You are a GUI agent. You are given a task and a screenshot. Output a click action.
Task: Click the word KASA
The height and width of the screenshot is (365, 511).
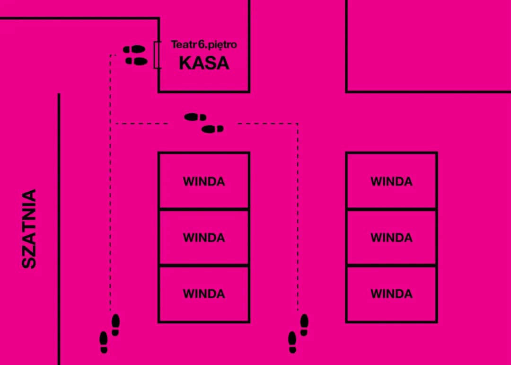click(x=204, y=63)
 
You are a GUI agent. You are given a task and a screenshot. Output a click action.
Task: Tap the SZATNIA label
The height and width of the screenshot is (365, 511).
click(x=29, y=229)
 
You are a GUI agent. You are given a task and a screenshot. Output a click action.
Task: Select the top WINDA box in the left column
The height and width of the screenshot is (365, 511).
click(x=203, y=181)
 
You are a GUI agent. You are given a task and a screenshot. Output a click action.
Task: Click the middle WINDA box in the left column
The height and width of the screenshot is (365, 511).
click(x=203, y=237)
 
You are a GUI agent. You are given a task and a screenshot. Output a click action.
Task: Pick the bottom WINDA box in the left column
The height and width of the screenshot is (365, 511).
click(x=203, y=294)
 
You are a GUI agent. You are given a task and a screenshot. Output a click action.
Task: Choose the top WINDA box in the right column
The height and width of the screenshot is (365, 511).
click(x=391, y=181)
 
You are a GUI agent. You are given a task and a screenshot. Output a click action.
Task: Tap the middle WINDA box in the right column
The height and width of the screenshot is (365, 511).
click(x=391, y=237)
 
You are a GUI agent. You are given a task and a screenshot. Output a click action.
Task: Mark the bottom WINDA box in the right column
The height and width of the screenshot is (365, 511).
click(x=391, y=294)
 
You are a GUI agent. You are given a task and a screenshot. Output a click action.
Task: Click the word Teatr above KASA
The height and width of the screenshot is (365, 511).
click(x=181, y=45)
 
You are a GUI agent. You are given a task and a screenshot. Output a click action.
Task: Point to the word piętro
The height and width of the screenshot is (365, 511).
click(x=222, y=45)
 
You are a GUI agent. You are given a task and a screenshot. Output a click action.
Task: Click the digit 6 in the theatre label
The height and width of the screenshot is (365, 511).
click(x=201, y=45)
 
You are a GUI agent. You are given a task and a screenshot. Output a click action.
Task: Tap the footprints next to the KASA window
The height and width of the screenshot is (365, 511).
click(x=135, y=55)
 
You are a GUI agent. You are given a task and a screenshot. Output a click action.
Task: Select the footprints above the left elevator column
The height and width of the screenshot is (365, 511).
click(x=204, y=123)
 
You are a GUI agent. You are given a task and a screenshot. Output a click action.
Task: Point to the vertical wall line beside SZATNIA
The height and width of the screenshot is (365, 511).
click(x=59, y=227)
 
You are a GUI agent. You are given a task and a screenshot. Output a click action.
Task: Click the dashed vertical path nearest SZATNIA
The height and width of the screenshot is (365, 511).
click(x=110, y=213)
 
